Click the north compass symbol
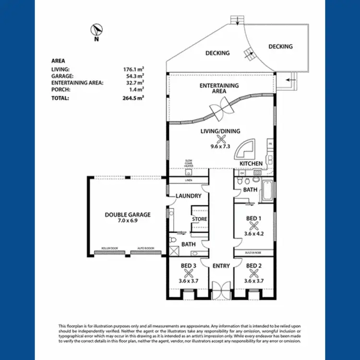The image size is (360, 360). tap(96, 31)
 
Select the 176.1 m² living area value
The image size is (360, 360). tap(134, 69)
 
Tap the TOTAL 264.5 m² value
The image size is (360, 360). tap(134, 97)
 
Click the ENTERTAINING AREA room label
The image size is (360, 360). tap(219, 89)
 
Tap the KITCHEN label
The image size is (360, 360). tap(251, 164)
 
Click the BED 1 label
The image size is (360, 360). tap(254, 218)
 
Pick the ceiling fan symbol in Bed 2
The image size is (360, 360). tap(254, 273)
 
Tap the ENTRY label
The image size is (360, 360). tap(221, 266)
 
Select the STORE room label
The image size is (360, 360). tap(199, 219)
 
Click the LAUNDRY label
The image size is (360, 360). tap(185, 196)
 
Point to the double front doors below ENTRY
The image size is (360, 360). tap(221, 291)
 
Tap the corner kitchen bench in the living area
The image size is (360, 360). tap(247, 150)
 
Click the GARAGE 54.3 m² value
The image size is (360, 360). tap(134, 76)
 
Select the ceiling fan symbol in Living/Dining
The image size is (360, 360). tap(221, 139)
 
